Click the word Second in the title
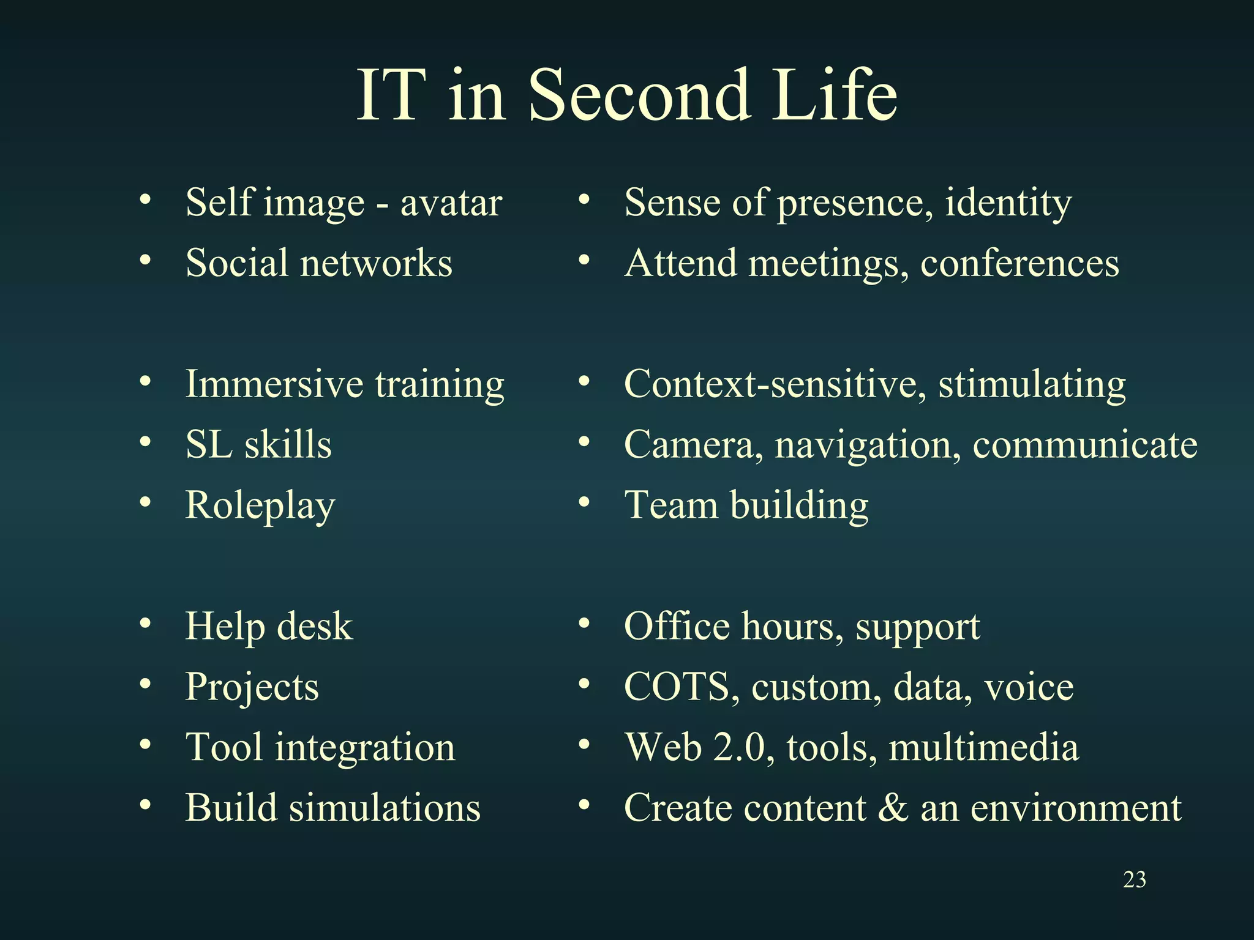click(639, 95)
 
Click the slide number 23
click(1135, 880)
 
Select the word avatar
click(451, 203)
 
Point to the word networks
click(376, 263)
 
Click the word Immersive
click(274, 384)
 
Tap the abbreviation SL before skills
click(209, 444)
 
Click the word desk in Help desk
click(315, 626)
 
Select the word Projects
click(252, 687)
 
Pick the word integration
click(365, 748)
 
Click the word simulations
click(385, 808)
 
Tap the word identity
click(1008, 203)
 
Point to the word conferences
click(1019, 264)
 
